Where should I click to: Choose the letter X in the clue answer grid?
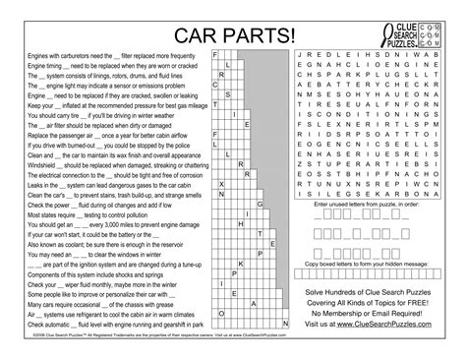222,182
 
